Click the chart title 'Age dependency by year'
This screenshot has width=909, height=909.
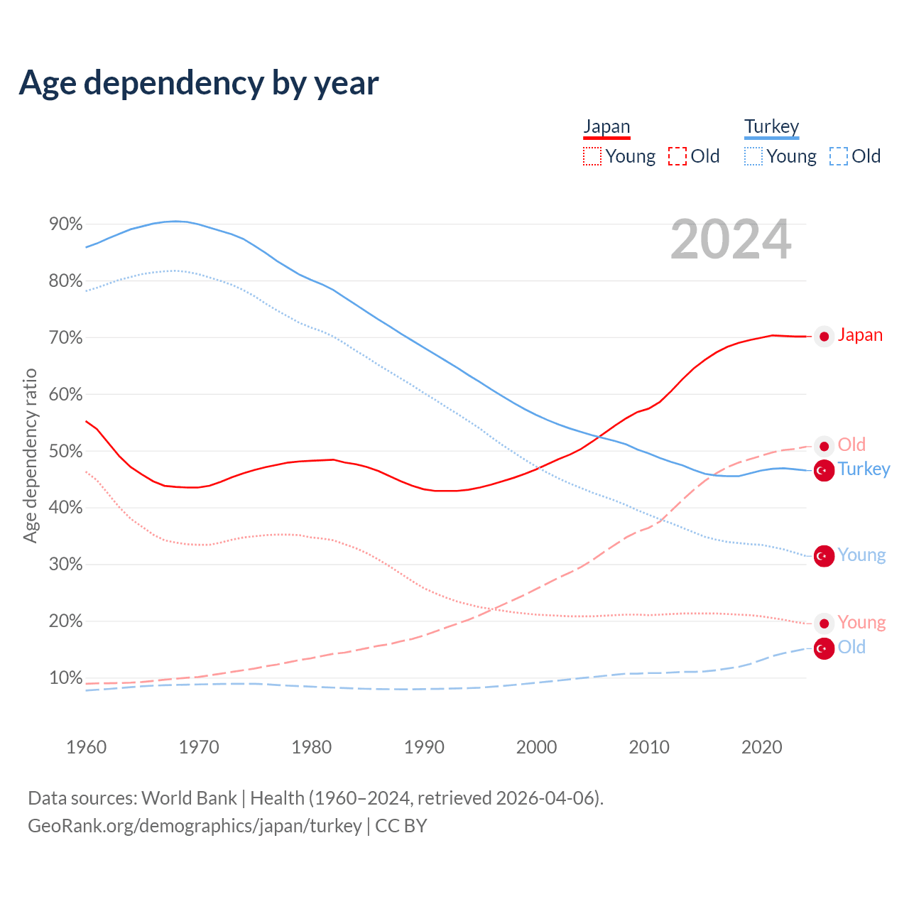click(x=199, y=83)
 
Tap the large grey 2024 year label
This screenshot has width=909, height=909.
click(x=731, y=240)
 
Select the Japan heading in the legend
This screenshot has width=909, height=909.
click(x=606, y=126)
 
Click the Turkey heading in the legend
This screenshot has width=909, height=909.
click(x=771, y=126)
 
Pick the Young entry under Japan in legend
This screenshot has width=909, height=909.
click(x=619, y=156)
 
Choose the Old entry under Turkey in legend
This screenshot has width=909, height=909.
click(x=855, y=156)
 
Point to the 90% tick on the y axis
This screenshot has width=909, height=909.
click(x=66, y=224)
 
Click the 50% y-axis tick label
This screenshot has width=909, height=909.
click(x=66, y=452)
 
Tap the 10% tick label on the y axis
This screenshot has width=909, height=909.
click(x=66, y=678)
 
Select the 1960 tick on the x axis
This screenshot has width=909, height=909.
click(x=86, y=747)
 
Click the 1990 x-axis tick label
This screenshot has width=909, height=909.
click(x=424, y=747)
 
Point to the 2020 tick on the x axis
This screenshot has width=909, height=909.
click(x=761, y=747)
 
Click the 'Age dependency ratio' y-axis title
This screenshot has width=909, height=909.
click(x=30, y=455)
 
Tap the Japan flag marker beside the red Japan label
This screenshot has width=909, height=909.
click(x=824, y=337)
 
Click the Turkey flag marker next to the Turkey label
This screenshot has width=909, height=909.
click(x=824, y=470)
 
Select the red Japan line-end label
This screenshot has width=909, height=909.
click(x=860, y=335)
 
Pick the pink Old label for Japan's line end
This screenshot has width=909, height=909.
click(x=851, y=445)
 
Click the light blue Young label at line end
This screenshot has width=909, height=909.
click(x=861, y=555)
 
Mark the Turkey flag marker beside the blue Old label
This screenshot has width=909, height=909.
click(x=824, y=648)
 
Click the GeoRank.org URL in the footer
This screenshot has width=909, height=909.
click(x=195, y=826)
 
